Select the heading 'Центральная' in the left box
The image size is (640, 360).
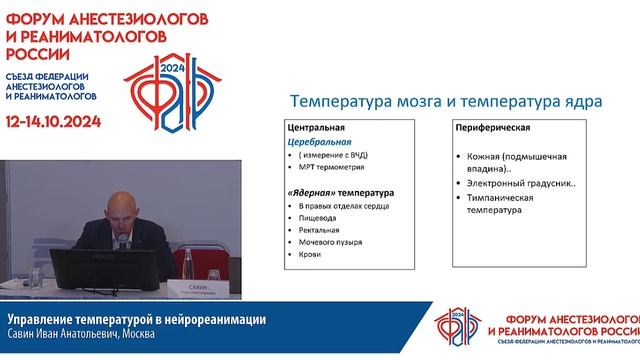point(316,129)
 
